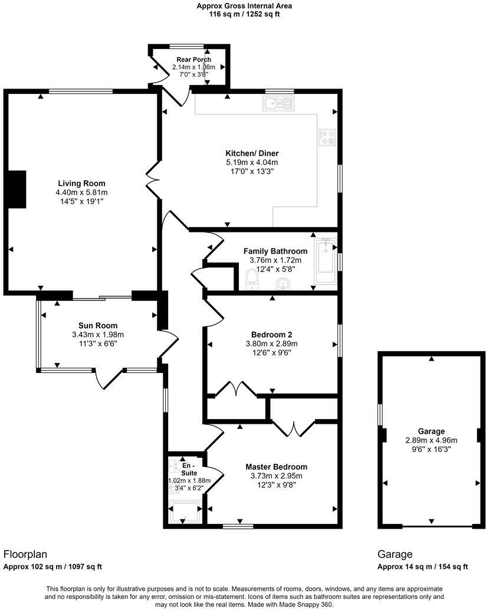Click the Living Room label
coord(82,183)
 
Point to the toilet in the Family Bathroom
coord(252,279)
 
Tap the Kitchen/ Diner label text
coord(251,153)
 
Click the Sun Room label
coord(98,325)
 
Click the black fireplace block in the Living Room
coord(17,189)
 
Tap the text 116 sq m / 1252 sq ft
coord(244,14)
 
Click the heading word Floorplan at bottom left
coord(25,554)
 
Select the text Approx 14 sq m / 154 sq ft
coord(422,567)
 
